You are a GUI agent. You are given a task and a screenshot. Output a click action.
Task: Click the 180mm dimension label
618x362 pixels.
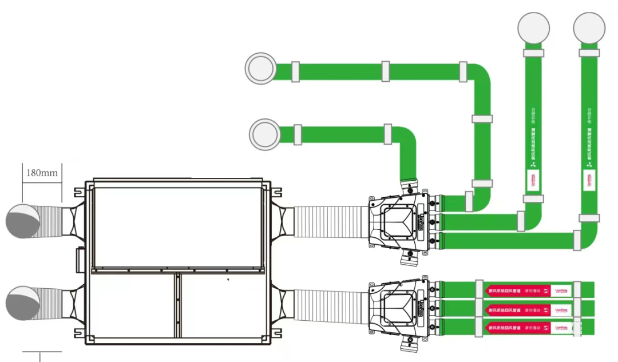(42, 172)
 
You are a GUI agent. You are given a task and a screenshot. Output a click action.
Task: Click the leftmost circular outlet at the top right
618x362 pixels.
(533, 28)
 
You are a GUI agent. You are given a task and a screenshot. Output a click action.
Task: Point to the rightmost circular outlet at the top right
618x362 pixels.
(589, 28)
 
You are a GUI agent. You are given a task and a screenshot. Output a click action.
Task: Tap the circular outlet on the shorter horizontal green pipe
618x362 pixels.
(265, 134)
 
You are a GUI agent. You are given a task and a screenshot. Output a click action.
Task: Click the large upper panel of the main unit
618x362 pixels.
(177, 228)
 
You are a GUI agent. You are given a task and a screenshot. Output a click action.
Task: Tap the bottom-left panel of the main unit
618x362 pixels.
(132, 307)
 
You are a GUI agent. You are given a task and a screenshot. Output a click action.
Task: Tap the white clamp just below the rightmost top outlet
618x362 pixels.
(589, 53)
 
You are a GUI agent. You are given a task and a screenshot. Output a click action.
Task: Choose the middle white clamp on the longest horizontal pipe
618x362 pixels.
(386, 71)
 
